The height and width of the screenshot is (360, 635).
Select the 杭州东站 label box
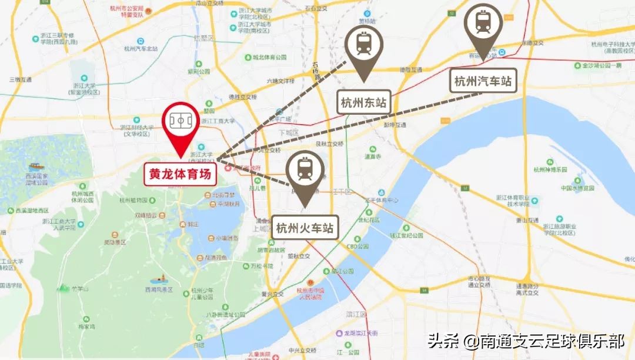pos(364,103)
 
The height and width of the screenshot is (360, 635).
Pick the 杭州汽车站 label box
pos(483,81)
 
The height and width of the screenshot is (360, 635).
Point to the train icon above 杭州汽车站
pos(483,22)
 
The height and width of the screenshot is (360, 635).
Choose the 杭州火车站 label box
pos(305,228)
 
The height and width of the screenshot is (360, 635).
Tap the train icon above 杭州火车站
pos(305,169)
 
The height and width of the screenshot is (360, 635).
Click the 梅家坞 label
pos(86,326)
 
